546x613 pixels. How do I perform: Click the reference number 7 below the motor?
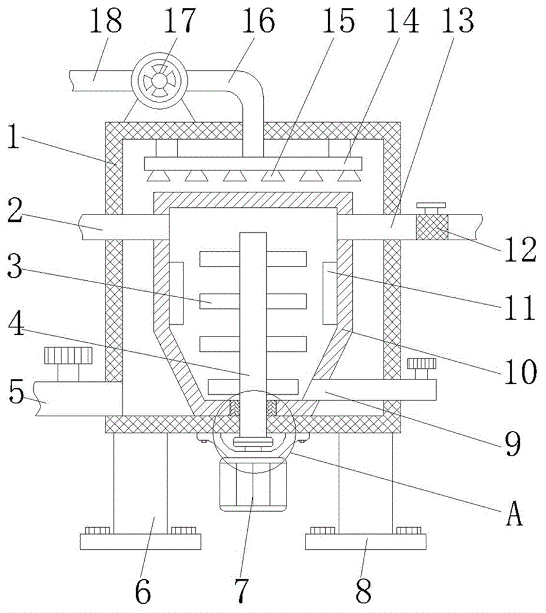pos(241,590)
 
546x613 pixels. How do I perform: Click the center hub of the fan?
pos(159,81)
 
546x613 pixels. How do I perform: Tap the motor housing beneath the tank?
pos(253,485)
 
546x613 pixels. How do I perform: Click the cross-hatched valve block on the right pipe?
pos(432,227)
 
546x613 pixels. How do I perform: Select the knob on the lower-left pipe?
pos(68,356)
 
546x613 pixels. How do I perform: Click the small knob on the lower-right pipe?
pos(421,364)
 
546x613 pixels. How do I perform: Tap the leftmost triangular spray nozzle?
pos(158,176)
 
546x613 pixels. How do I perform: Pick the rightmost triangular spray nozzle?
pos(349,176)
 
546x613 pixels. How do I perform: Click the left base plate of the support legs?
pos(140,541)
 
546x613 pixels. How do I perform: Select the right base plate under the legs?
pos(365,541)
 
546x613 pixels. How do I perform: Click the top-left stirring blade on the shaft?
pos(220,259)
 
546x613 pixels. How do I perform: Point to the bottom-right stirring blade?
pos(282,387)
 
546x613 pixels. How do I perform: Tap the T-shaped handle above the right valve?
pos(431,208)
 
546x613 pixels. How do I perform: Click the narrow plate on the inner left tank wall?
pos(177,293)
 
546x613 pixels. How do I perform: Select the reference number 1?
pos(13,137)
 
